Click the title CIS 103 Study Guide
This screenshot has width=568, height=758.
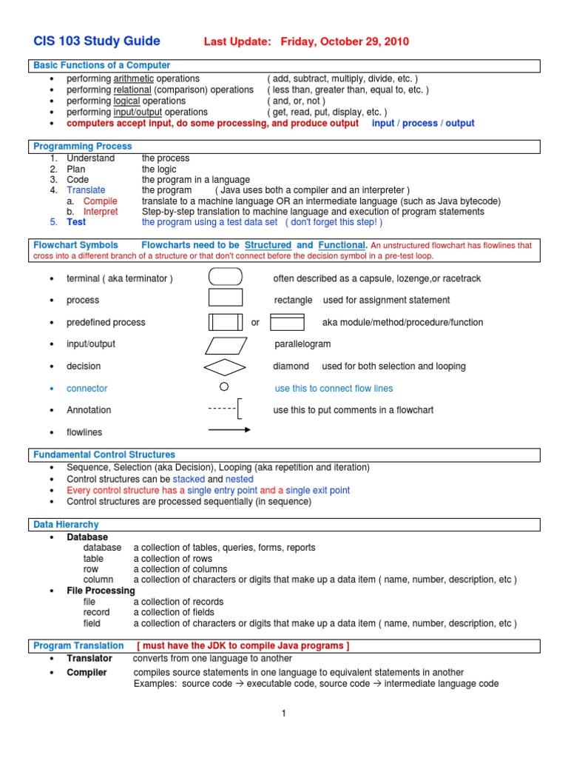tap(97, 41)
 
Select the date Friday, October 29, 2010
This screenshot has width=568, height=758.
tap(345, 42)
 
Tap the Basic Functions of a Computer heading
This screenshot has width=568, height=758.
tap(102, 66)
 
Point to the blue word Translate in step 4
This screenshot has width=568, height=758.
tap(86, 190)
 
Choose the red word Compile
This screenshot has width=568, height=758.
tap(100, 201)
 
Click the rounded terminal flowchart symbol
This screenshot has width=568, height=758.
tap(226, 278)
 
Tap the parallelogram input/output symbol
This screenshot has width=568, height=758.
tap(226, 344)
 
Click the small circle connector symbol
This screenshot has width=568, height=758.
tap(224, 387)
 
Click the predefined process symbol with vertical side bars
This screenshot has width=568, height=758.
tap(226, 322)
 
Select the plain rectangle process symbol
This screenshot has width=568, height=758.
tap(226, 298)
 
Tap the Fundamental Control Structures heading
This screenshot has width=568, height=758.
tap(104, 455)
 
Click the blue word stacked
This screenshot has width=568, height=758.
tap(189, 480)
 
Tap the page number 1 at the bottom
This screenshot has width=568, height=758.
tap(283, 713)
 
